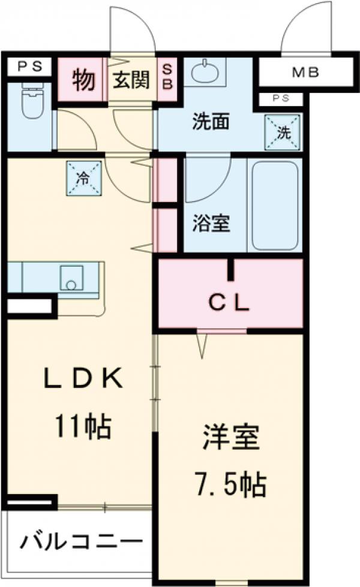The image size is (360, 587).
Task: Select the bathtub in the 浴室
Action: click(275, 204)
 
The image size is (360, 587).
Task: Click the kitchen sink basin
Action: click(73, 278)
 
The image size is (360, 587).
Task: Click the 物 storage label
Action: click(84, 80)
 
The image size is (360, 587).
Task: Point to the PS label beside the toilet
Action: click(29, 67)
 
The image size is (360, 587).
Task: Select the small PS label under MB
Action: click(280, 99)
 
